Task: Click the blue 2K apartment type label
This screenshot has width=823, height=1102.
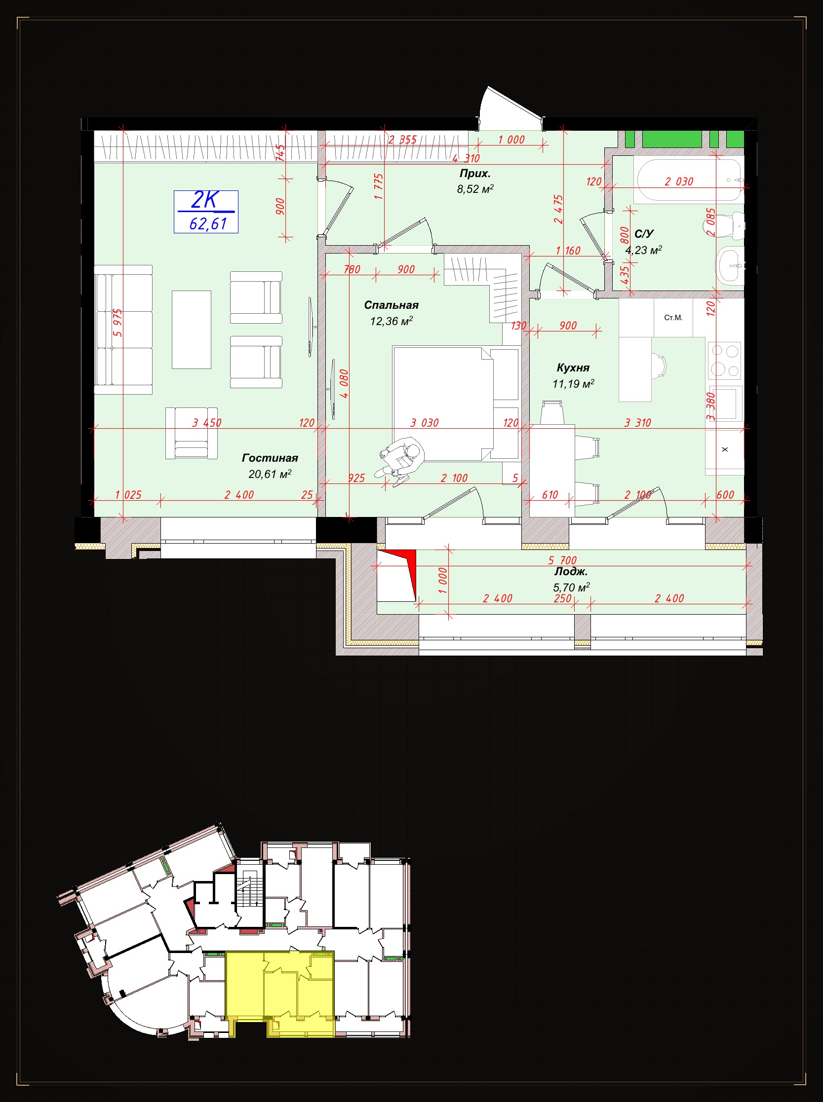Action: point(205,200)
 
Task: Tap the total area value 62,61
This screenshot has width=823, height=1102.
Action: point(208,224)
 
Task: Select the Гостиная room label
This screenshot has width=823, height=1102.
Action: point(270,458)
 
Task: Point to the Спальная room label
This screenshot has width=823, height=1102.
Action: point(391,305)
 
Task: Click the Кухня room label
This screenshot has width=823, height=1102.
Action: point(573,368)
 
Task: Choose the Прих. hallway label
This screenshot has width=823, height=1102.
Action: point(475,174)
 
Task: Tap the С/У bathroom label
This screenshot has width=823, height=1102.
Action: point(644,234)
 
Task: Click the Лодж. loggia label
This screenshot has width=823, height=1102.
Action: point(571,572)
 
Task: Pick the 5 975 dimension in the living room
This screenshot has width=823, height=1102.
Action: point(118,323)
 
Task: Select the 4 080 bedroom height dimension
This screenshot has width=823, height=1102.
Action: point(344,383)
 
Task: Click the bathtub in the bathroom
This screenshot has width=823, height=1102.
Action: point(689,180)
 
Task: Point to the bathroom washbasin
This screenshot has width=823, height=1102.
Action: point(729,266)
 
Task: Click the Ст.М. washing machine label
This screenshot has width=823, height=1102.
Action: point(673,318)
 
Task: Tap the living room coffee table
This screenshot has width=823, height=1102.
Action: point(191,330)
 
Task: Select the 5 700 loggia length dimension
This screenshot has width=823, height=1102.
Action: point(562,560)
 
